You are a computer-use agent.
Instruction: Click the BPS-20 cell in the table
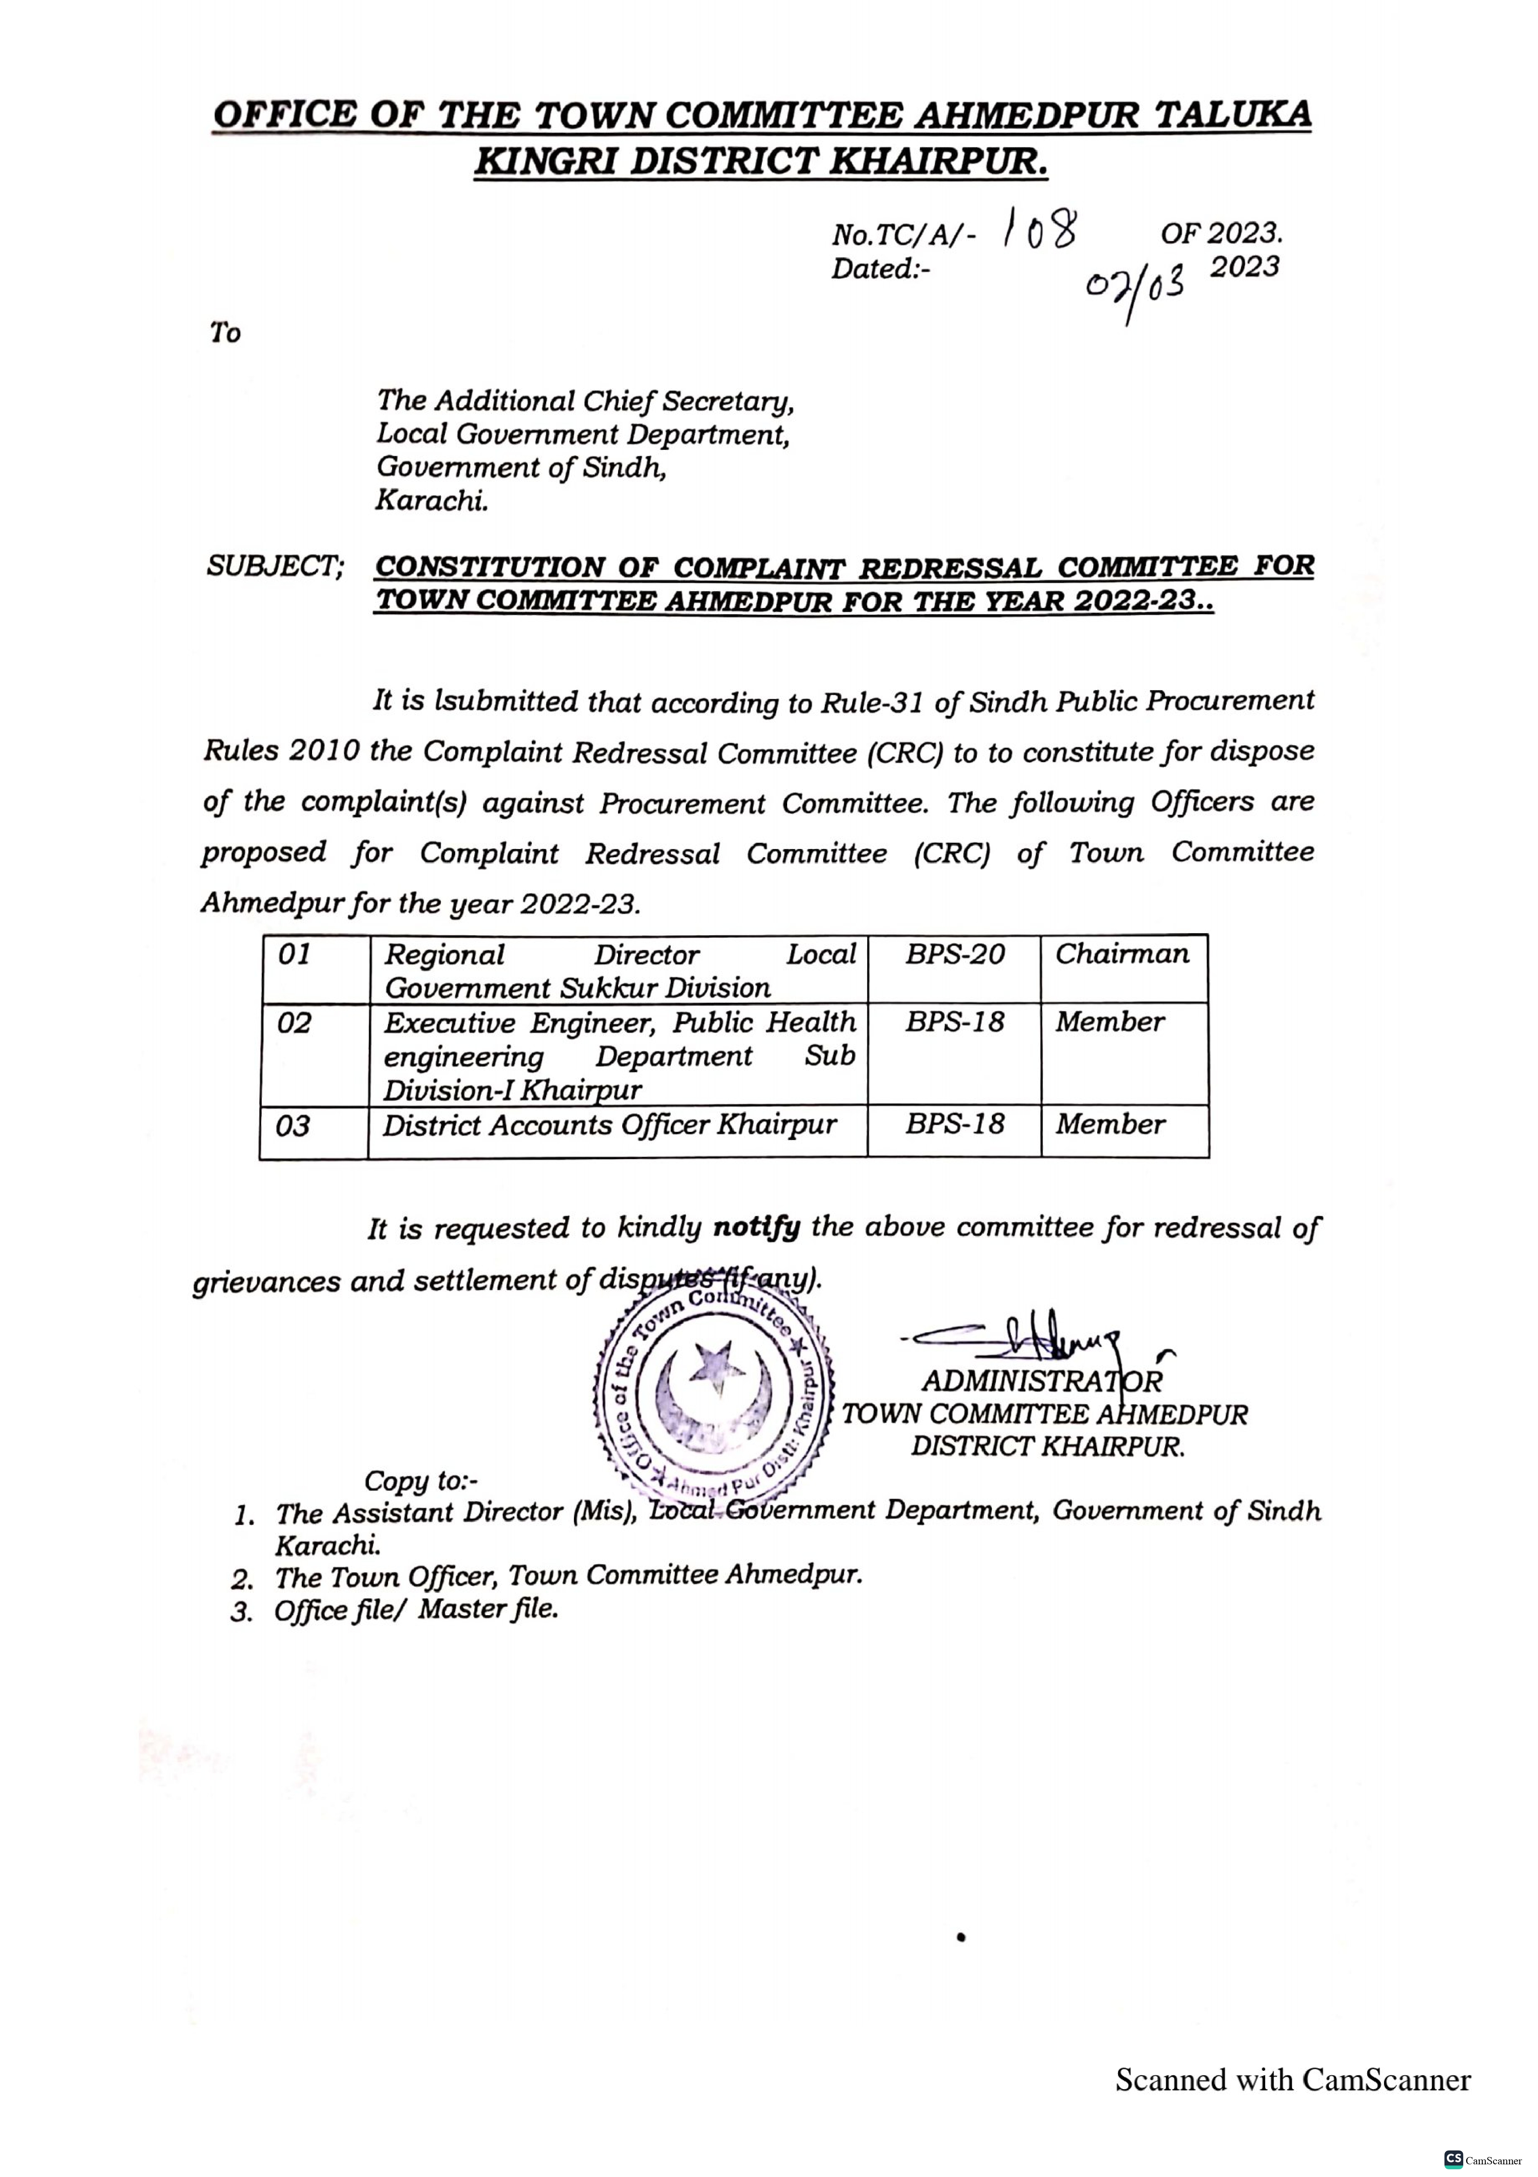[954, 954]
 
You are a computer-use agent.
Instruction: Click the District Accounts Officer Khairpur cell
[610, 1126]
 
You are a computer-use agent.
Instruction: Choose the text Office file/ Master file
[416, 1610]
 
